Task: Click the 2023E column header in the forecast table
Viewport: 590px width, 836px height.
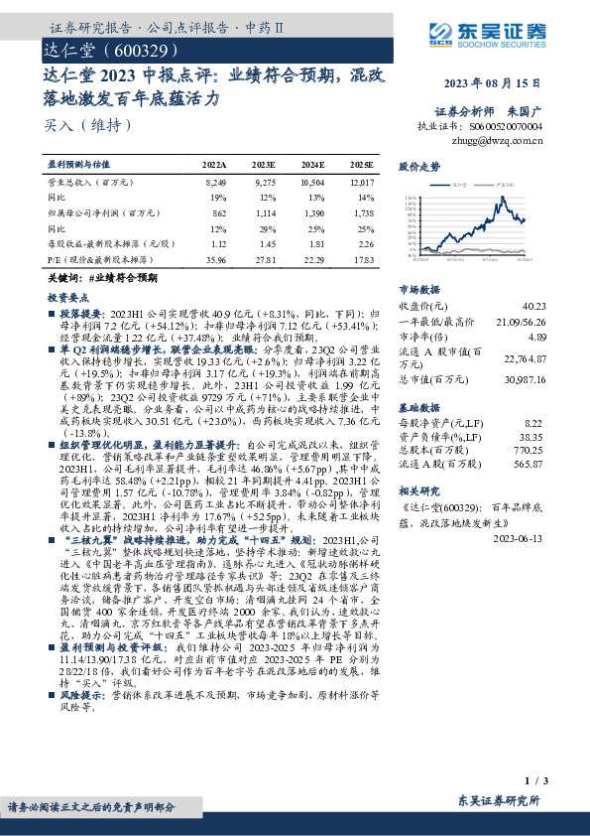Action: pyautogui.click(x=264, y=164)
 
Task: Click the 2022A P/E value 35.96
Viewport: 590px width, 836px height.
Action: pyautogui.click(x=214, y=260)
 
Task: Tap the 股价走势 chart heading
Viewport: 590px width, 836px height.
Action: pyautogui.click(x=418, y=167)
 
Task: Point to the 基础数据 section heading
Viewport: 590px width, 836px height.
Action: pyautogui.click(x=418, y=408)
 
